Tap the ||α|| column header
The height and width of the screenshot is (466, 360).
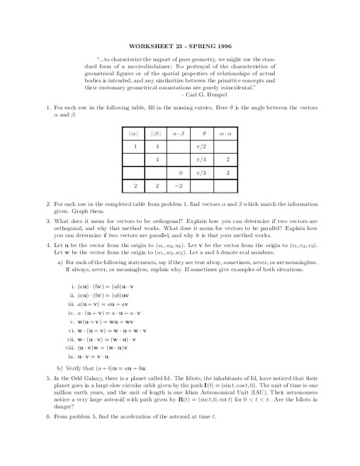(135, 133)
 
